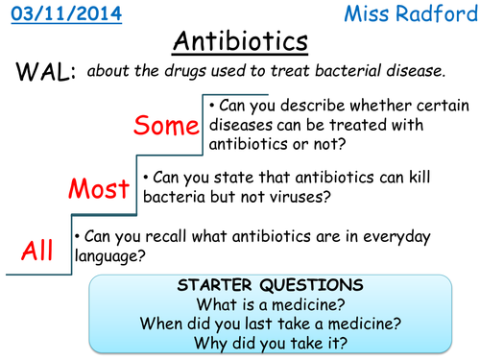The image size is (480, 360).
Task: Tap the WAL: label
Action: click(45, 73)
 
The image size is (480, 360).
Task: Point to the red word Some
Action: click(165, 126)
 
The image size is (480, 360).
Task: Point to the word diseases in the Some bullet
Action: click(251, 124)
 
